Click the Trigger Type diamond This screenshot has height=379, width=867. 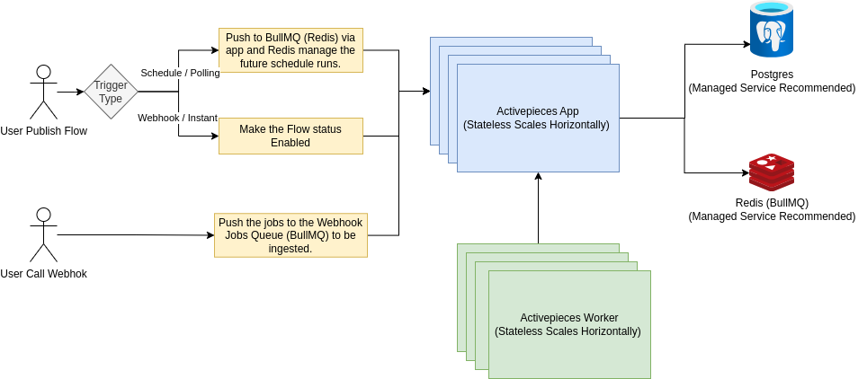111,92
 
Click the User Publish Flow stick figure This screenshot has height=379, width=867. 43,92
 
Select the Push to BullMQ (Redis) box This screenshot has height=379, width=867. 290,49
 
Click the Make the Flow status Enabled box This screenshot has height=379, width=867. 290,136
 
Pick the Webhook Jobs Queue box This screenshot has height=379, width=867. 290,235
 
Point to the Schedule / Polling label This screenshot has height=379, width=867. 180,73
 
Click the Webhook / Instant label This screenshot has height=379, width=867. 177,118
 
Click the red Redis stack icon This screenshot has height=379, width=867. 772,172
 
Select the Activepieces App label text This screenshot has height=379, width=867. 537,118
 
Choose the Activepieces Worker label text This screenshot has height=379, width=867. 568,324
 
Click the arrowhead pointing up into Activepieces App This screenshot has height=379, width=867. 538,178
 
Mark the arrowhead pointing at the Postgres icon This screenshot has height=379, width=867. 746,44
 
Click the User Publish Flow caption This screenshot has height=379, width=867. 43,131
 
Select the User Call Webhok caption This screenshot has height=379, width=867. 43,273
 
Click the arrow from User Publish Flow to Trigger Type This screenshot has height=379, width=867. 70,92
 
